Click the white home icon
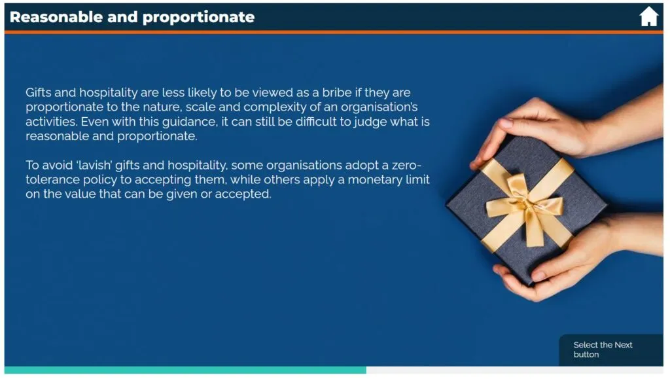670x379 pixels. pyautogui.click(x=648, y=16)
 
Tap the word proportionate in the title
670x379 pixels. pyautogui.click(x=198, y=18)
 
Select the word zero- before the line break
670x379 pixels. pyautogui.click(x=406, y=166)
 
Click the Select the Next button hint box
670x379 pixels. pyautogui.click(x=611, y=350)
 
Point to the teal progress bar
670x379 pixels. pyautogui.click(x=185, y=370)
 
